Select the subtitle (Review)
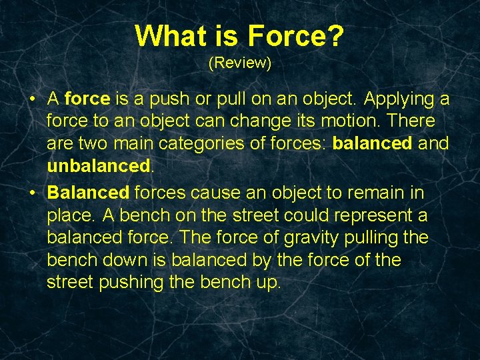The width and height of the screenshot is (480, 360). (x=239, y=63)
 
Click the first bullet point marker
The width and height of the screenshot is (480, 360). (x=32, y=100)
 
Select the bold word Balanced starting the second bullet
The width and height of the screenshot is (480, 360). (x=88, y=193)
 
